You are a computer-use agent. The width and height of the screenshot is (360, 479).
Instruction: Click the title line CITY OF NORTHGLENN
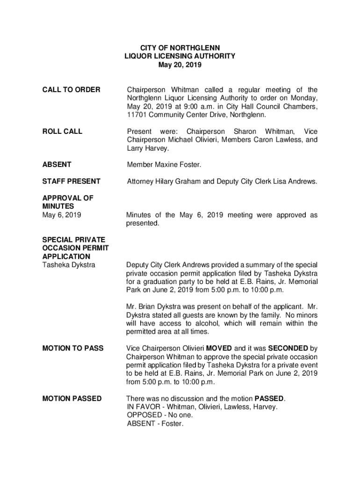(x=180, y=48)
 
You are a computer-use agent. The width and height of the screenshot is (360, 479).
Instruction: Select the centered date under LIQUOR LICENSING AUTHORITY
(x=180, y=65)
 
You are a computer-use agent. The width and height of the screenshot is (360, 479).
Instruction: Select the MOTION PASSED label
(x=72, y=399)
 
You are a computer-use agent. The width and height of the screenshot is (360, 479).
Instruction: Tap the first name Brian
(x=149, y=307)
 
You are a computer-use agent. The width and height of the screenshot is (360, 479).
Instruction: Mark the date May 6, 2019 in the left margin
(x=61, y=215)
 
